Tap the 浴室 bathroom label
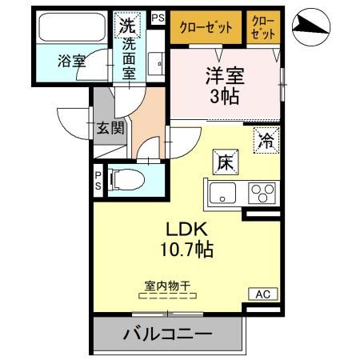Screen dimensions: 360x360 [72, 61]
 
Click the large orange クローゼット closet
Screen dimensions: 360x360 [204, 27]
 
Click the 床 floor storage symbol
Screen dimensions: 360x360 [222, 161]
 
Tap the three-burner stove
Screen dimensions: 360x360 [262, 193]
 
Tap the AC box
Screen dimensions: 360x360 [263, 294]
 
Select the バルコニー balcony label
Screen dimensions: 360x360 [167, 334]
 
